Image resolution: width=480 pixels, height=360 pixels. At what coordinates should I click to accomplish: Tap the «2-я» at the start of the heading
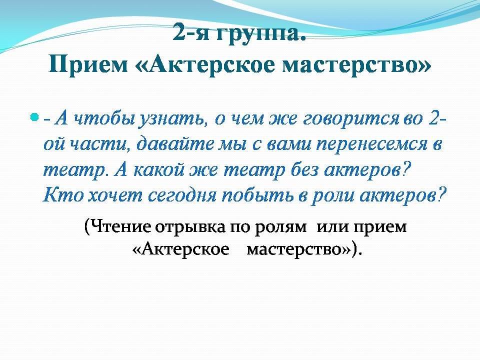click(x=191, y=32)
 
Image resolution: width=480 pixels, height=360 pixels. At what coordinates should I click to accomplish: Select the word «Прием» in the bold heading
click(x=88, y=65)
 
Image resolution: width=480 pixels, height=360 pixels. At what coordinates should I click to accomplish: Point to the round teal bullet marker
click(x=35, y=117)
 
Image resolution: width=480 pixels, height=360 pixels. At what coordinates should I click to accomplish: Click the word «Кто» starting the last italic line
click(x=63, y=195)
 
